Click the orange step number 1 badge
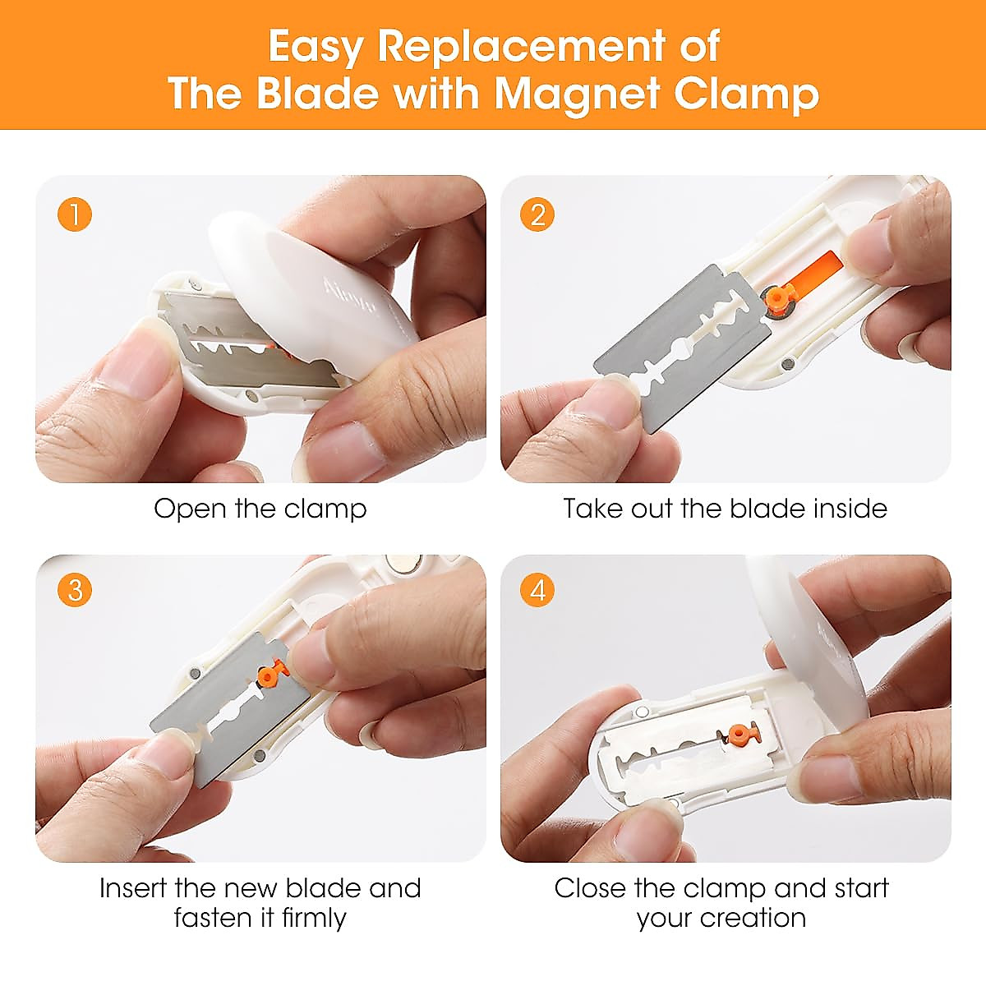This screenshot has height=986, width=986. pyautogui.click(x=75, y=215)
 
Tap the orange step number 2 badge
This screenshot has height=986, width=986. pyautogui.click(x=538, y=215)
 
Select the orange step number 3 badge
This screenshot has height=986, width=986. pyautogui.click(x=75, y=591)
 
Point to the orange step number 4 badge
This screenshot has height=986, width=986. pyautogui.click(x=538, y=591)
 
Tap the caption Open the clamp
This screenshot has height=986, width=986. pyautogui.click(x=260, y=509)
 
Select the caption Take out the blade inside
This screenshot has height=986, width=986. pyautogui.click(x=725, y=509)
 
